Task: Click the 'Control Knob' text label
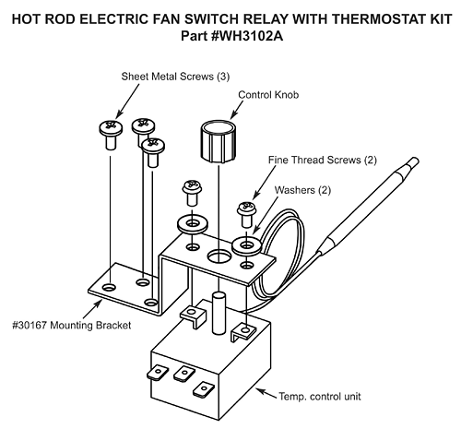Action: [270, 93]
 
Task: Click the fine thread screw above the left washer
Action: [190, 193]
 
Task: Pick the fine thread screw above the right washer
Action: [246, 213]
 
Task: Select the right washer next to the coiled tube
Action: [246, 244]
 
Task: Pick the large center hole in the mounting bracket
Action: [218, 254]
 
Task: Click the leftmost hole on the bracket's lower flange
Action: [110, 288]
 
